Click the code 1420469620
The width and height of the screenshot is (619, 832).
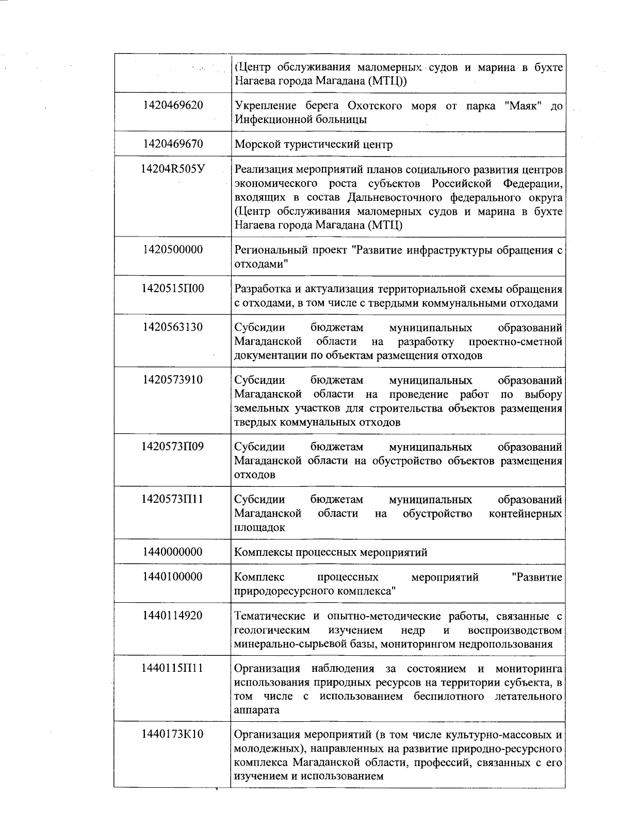click(x=173, y=106)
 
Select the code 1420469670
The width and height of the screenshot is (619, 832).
click(x=173, y=144)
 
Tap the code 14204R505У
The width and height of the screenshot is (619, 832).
click(x=173, y=169)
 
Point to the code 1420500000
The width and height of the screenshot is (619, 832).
click(x=173, y=250)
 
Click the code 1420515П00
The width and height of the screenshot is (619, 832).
click(x=173, y=288)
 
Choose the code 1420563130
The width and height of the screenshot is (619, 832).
click(x=173, y=328)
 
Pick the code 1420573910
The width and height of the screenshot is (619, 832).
click(x=173, y=380)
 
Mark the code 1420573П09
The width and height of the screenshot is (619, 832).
click(x=173, y=447)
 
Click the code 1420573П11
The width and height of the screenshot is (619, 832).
click(x=173, y=499)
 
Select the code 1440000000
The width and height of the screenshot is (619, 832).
click(x=173, y=552)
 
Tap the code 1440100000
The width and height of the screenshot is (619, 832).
click(x=173, y=577)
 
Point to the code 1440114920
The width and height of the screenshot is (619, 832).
click(x=173, y=616)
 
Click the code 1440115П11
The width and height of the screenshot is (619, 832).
click(x=173, y=669)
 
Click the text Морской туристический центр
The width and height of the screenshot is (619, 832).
click(x=313, y=145)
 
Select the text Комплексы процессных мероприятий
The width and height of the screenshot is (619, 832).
click(x=331, y=553)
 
